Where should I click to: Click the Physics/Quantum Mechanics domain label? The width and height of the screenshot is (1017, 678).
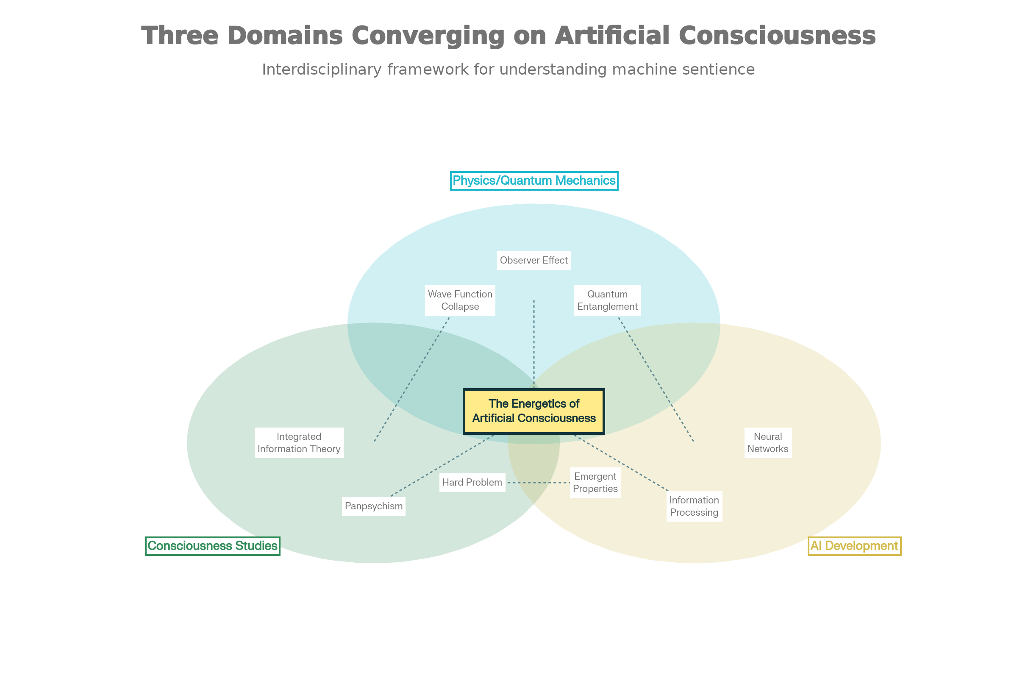[x=534, y=181]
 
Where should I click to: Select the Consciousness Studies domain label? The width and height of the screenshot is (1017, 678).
[x=212, y=546]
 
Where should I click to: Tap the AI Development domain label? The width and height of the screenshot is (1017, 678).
[x=854, y=546]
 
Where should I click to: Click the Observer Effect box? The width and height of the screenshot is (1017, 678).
[x=534, y=260]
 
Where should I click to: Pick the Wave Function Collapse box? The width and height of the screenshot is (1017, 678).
[x=460, y=300]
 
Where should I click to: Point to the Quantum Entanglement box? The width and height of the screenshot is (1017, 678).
[x=607, y=300]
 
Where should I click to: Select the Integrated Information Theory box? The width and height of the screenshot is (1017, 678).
[x=299, y=443]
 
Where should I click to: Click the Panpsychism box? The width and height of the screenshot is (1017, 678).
[x=374, y=506]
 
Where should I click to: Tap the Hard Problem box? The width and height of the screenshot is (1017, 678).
[x=472, y=483]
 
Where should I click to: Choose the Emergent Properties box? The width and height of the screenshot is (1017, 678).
[x=595, y=483]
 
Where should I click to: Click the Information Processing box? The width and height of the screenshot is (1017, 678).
[x=694, y=506]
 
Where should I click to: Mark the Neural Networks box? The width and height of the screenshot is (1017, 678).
[x=768, y=443]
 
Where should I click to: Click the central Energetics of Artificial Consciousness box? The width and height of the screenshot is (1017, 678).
[x=534, y=411]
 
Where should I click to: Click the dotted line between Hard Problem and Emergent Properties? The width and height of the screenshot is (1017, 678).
[x=538, y=483]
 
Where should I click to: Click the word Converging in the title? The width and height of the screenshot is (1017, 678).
[x=428, y=36]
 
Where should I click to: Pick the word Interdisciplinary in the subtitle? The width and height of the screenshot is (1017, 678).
[x=322, y=69]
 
